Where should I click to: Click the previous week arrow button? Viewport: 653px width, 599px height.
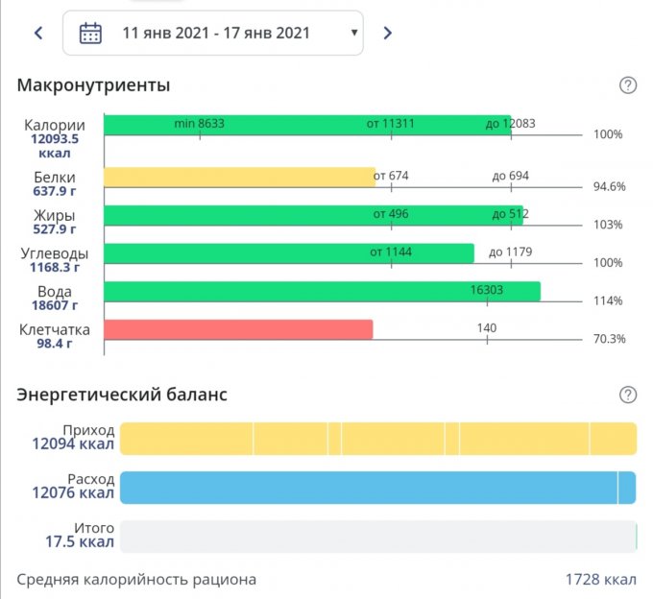pyautogui.click(x=38, y=34)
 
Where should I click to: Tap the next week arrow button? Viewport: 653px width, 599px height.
pyautogui.click(x=387, y=34)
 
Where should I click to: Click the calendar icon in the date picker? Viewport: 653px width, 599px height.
pyautogui.click(x=90, y=34)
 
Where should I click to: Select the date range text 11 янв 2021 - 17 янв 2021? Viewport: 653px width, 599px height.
pyautogui.click(x=216, y=34)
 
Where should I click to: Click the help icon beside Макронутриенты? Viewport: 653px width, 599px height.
pyautogui.click(x=628, y=85)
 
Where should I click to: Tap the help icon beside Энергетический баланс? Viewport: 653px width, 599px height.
pyautogui.click(x=628, y=395)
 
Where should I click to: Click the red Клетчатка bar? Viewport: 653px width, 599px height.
pyautogui.click(x=237, y=329)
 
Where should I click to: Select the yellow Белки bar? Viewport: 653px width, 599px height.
pyautogui.click(x=238, y=177)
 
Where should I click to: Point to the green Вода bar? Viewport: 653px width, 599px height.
pyautogui.click(x=321, y=291)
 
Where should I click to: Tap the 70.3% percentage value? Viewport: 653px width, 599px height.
pyautogui.click(x=608, y=339)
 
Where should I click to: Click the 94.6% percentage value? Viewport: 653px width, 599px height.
pyautogui.click(x=608, y=186)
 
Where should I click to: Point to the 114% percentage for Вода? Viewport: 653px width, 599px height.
pyautogui.click(x=608, y=300)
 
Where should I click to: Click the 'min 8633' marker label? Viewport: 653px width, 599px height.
pyautogui.click(x=199, y=124)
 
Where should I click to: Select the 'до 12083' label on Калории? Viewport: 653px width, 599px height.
pyautogui.click(x=510, y=124)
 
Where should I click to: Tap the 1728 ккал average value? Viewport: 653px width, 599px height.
pyautogui.click(x=600, y=580)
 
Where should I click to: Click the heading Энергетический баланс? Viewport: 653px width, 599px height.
pyautogui.click(x=122, y=395)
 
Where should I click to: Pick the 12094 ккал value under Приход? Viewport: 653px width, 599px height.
pyautogui.click(x=73, y=443)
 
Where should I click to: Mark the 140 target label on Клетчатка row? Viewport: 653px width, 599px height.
pyautogui.click(x=486, y=328)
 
